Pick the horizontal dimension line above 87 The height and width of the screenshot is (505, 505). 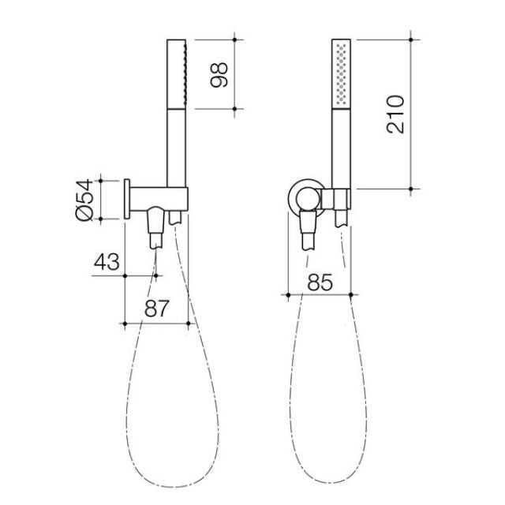tap(156, 323)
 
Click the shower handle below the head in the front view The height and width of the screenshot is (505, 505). tap(341, 150)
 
